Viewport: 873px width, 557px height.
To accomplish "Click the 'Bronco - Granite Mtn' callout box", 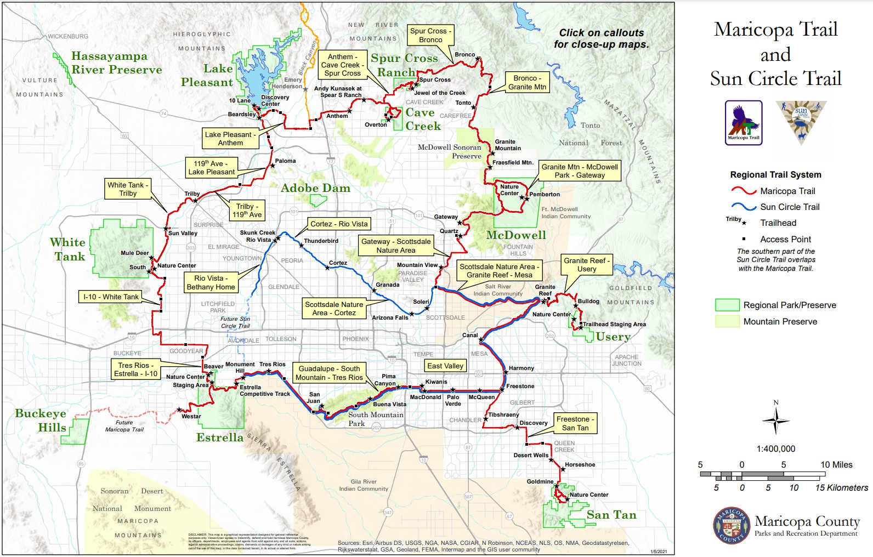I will click(x=527, y=82).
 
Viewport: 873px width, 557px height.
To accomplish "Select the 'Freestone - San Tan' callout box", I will click(x=575, y=423).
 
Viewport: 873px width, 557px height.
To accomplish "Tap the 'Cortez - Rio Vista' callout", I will click(x=338, y=224).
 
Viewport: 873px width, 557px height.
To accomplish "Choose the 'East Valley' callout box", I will click(x=445, y=366).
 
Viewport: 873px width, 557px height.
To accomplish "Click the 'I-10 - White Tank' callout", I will click(x=111, y=297).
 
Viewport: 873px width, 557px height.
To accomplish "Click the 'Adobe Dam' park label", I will click(x=315, y=188).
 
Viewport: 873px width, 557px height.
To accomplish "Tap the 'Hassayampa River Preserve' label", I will click(x=116, y=63).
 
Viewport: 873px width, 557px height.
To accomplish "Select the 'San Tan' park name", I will click(x=611, y=515).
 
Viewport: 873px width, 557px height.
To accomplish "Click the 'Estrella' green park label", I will click(x=220, y=437).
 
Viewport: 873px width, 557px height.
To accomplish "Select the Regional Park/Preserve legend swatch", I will click(x=727, y=305).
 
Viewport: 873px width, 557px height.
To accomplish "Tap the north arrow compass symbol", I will click(x=775, y=420).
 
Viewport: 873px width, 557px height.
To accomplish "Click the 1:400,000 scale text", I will click(x=775, y=448).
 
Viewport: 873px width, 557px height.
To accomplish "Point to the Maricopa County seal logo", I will click(x=731, y=525).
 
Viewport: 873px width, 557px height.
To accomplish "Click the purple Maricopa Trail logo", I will click(x=743, y=122).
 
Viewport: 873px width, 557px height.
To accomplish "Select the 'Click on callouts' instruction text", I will click(x=601, y=38).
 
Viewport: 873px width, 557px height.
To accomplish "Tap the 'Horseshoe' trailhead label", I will click(x=580, y=464).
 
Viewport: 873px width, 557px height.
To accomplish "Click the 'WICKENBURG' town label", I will click(x=67, y=36).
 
